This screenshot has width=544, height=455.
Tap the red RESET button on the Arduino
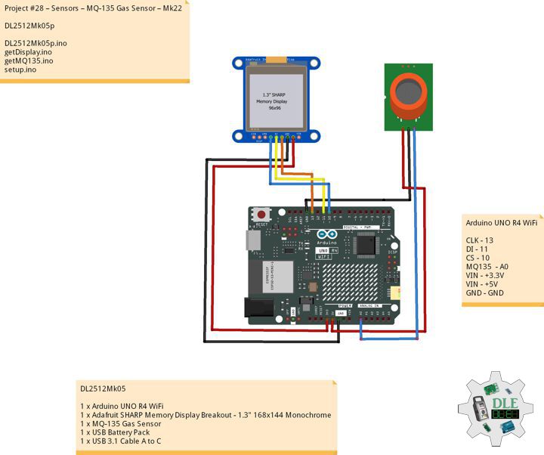tap(262, 215)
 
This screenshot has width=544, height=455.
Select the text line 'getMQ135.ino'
tap(29, 60)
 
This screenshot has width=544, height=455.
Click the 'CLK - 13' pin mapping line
tap(480, 240)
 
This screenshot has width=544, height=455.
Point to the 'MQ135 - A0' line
tap(487, 266)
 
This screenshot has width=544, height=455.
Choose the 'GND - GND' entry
tap(485, 292)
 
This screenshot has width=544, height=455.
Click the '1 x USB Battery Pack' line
tap(115, 432)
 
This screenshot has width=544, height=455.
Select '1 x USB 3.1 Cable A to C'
tap(121, 441)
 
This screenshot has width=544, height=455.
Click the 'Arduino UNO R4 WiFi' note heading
tap(501, 223)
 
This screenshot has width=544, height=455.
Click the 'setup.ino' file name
tap(20, 70)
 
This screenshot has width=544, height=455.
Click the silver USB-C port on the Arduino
tap(254, 240)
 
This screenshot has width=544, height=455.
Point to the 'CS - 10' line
tap(478, 258)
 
